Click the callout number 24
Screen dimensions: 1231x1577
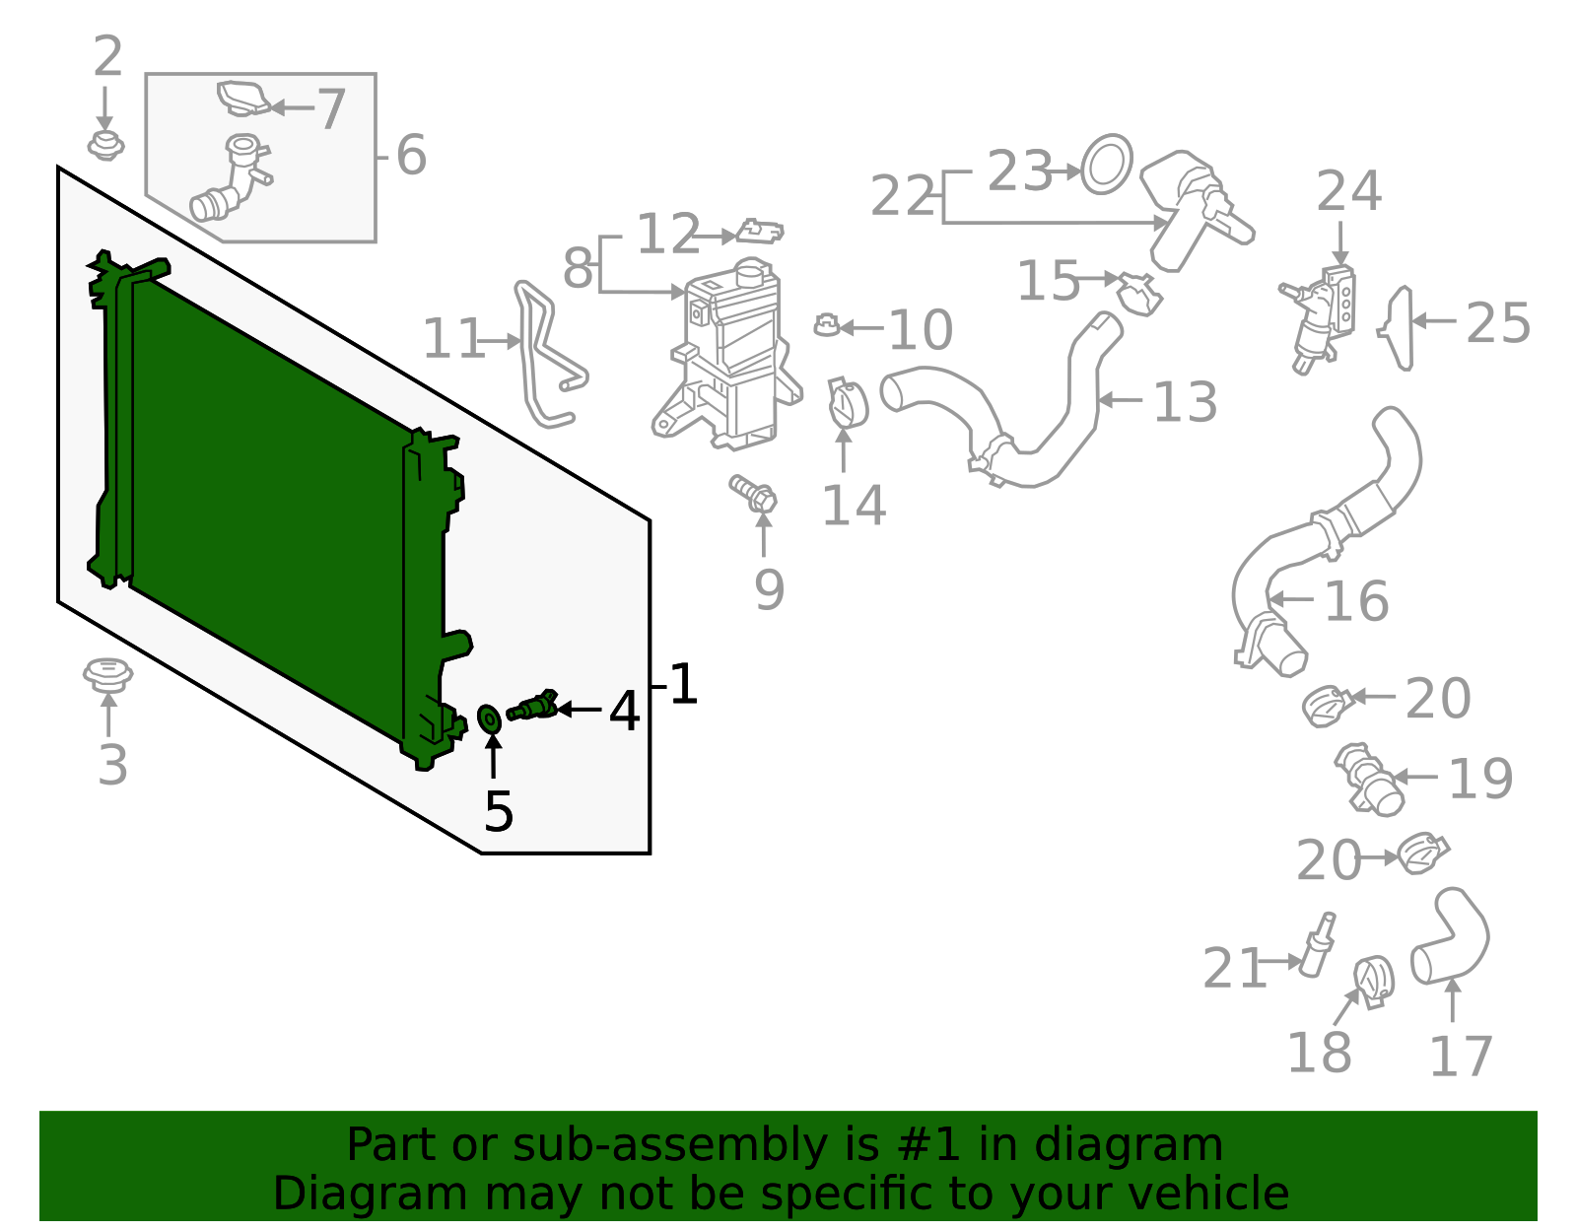[1348, 191]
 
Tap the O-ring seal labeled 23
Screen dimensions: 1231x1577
[1107, 165]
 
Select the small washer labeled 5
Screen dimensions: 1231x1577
[489, 718]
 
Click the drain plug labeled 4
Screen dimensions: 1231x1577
[533, 708]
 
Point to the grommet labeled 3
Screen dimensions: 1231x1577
[107, 675]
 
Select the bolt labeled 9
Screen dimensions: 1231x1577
[754, 494]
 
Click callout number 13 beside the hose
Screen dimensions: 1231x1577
[1185, 402]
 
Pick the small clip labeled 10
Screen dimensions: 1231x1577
[826, 324]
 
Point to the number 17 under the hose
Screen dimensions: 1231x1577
[1461, 1057]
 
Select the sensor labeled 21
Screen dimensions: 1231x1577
[1318, 946]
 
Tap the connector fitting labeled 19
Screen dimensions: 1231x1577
[1368, 780]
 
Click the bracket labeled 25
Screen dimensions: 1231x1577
[1400, 327]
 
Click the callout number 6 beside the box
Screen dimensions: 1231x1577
[410, 156]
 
